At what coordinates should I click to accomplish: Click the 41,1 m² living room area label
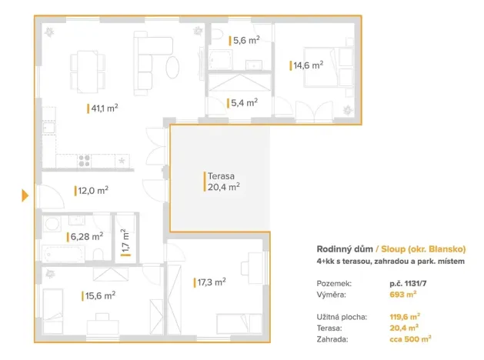[104, 108]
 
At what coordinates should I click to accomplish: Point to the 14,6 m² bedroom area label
[308, 66]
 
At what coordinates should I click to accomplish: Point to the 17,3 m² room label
[211, 282]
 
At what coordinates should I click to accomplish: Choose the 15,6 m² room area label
[100, 295]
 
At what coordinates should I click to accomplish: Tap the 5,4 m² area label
[243, 102]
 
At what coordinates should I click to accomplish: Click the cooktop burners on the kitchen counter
[84, 161]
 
